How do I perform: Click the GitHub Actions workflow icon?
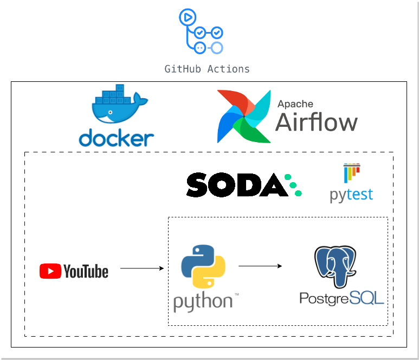point(200,32)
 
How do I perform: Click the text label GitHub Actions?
point(207,69)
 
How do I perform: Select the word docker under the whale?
point(116,137)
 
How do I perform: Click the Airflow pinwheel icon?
point(243,116)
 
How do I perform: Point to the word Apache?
point(295,104)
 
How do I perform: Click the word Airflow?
point(317,123)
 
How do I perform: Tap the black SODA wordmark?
point(235,185)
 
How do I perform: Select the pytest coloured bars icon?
point(351,173)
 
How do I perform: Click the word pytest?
point(351,194)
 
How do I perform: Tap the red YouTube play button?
point(50,271)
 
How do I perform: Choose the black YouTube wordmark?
point(86,271)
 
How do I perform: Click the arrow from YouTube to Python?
point(141,268)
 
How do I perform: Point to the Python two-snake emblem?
point(203,266)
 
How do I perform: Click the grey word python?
point(203,301)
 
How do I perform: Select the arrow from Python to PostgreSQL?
point(260,266)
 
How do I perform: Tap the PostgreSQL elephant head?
point(336,266)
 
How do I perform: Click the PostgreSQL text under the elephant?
point(341,298)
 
